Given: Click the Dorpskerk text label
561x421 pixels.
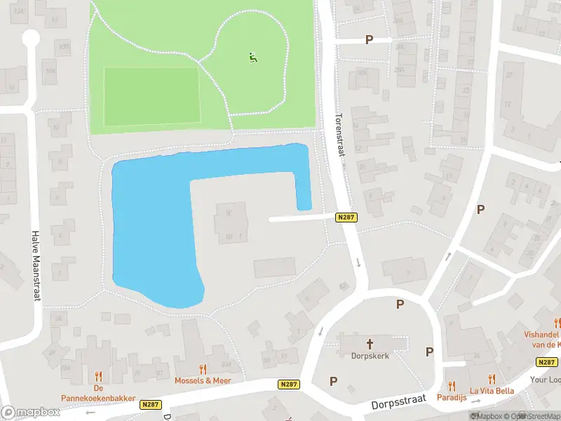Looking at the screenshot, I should pos(370,356).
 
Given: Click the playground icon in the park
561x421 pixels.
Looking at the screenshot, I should pos(252,57).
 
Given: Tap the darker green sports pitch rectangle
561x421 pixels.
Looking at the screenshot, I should pos(151,96).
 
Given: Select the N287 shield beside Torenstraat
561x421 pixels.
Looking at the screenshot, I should pos(346,218).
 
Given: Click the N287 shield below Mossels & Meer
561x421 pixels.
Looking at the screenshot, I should pos(288,385).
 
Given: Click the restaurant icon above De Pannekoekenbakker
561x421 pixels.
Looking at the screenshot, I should pos(98,375).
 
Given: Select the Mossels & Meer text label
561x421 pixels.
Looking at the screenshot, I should pos(203,380).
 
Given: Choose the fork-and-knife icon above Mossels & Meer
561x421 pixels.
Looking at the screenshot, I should pos(203,368).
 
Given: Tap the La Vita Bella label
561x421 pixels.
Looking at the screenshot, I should pos(492,391).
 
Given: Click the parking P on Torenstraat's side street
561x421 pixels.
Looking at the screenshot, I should pos(369,40).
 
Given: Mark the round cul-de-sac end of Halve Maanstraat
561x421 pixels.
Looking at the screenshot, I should pos(30,38).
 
